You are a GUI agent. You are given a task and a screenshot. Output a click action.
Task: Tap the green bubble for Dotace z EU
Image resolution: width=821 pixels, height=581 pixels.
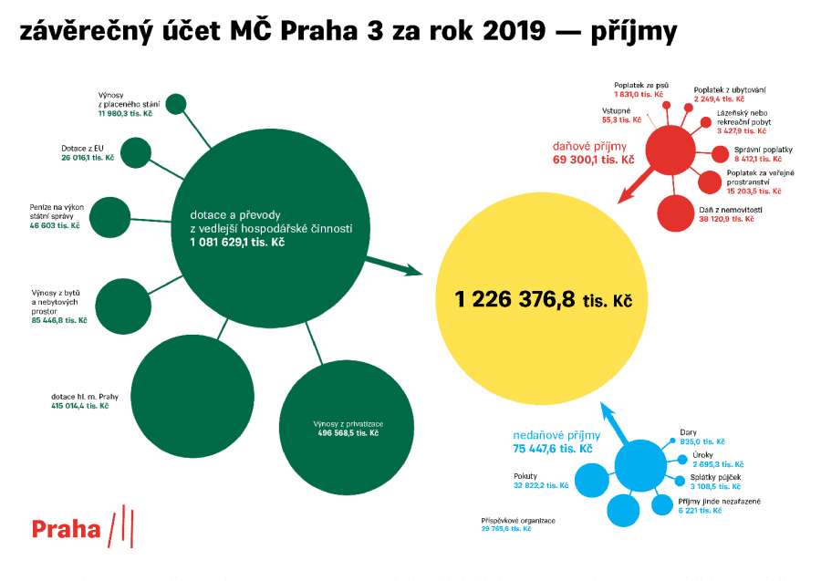pyautogui.click(x=135, y=152)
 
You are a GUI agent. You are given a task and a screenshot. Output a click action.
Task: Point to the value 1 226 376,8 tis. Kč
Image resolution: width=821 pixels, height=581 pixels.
pyautogui.click(x=544, y=299)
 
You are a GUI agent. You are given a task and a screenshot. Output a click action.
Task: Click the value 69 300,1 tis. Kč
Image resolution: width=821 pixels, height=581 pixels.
pyautogui.click(x=593, y=160)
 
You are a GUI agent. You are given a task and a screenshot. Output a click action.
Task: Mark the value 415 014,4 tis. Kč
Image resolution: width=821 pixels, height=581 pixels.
pyautogui.click(x=80, y=405)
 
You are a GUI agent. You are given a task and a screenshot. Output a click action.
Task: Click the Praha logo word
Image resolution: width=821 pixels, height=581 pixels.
pyautogui.click(x=66, y=529)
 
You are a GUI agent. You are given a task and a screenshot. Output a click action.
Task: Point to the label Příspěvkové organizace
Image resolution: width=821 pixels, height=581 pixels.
pyautogui.click(x=518, y=520)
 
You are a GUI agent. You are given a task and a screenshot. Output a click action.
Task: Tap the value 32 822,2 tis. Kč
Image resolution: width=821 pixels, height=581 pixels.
pyautogui.click(x=541, y=486)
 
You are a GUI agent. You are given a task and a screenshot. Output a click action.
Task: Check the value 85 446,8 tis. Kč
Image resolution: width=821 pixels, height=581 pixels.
pyautogui.click(x=58, y=320)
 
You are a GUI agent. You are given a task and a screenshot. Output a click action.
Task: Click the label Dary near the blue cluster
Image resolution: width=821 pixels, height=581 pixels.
pyautogui.click(x=689, y=431)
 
